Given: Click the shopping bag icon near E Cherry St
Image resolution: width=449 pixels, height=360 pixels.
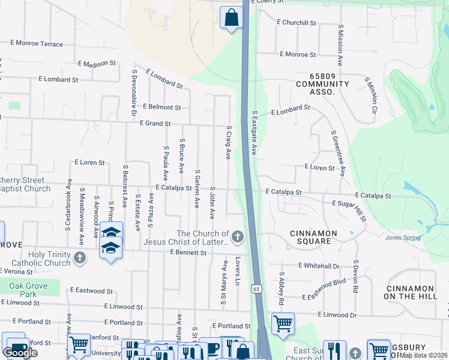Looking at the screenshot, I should pyautogui.click(x=231, y=18).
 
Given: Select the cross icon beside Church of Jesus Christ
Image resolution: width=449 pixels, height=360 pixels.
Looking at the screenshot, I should pyautogui.click(x=238, y=237).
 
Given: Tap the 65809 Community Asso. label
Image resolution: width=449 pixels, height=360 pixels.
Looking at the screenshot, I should pyautogui.click(x=323, y=88).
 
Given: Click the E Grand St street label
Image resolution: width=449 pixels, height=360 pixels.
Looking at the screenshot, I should pyautogui.click(x=155, y=124).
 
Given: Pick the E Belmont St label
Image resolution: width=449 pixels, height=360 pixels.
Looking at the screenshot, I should pyautogui.click(x=161, y=107).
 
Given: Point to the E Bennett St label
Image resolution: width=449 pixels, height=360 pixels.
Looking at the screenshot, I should pyautogui.click(x=188, y=253).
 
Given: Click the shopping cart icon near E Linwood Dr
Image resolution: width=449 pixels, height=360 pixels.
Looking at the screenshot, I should pyautogui.click(x=283, y=324).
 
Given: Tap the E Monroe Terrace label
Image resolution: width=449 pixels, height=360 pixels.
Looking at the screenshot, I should pyautogui.click(x=37, y=44).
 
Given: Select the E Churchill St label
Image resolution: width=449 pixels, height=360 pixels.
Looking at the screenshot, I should pyautogui.click(x=296, y=23).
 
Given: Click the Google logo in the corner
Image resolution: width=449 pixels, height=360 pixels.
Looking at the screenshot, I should pyautogui.click(x=20, y=353).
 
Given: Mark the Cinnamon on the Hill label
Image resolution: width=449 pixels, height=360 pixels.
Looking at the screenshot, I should pyautogui.click(x=418, y=292).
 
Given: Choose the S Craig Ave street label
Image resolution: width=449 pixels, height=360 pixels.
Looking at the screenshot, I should pyautogui.click(x=228, y=142).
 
